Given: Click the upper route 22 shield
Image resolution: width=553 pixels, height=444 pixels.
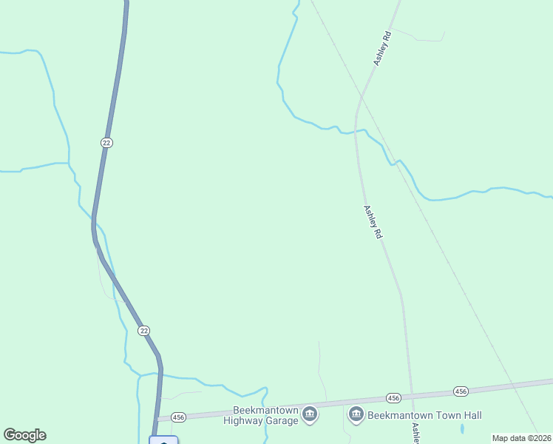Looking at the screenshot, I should point(107,142).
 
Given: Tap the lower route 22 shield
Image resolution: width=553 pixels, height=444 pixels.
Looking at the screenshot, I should point(144,331).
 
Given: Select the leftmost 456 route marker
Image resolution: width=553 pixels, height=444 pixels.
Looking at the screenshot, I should point(178,417).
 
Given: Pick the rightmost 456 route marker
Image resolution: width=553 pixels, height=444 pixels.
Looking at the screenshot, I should point(461,391).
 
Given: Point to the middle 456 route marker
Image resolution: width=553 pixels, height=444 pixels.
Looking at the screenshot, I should point(393,398).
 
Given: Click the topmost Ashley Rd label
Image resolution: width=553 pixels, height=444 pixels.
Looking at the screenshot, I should point(381,48).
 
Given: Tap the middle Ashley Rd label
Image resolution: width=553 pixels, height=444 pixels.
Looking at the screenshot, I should point(372,221).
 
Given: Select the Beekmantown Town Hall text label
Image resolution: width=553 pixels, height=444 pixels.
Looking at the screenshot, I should point(424,415).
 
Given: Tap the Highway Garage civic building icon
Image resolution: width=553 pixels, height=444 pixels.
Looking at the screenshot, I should point(310,414).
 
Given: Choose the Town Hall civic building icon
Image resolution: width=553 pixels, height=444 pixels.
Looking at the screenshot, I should point(356,414).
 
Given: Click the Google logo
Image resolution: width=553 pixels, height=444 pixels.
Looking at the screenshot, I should point(24,435).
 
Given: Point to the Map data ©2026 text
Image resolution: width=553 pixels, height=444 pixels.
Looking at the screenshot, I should point(520,437).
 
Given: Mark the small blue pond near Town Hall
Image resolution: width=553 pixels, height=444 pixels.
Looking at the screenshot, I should point(462,428).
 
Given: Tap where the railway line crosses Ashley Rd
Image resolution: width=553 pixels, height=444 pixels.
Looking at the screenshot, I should point(362,96).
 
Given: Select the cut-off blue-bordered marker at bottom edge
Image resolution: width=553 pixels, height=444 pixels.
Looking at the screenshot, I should point(163,440).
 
